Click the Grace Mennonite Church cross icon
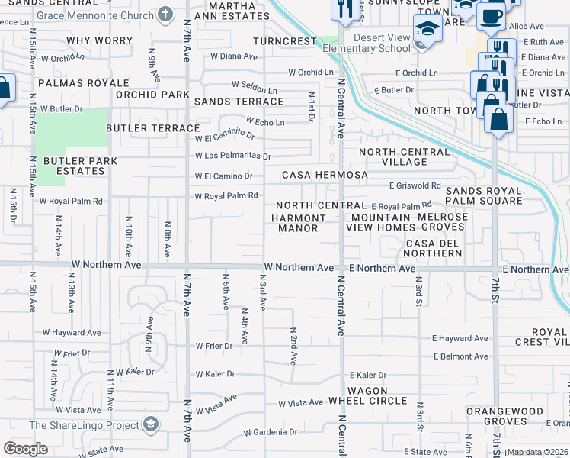(x=165, y=15)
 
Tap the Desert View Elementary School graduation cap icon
(x=427, y=31)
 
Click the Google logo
(x=25, y=449)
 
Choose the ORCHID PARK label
(x=152, y=95)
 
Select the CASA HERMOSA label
(x=325, y=175)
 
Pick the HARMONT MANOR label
(x=299, y=223)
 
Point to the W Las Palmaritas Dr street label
(x=233, y=156)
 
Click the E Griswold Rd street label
(x=415, y=185)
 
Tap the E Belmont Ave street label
(x=460, y=356)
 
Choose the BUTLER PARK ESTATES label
(x=80, y=166)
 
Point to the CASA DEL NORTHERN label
(x=432, y=247)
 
